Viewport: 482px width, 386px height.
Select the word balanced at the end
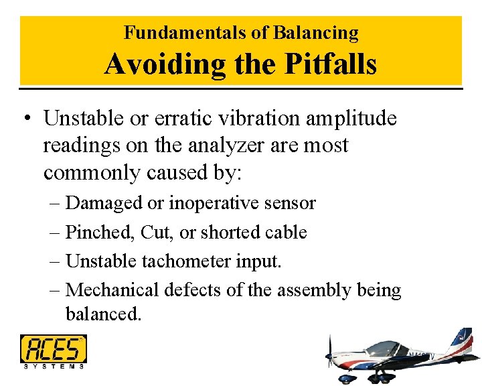pos(103,313)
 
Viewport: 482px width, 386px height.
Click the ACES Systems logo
pos(53,350)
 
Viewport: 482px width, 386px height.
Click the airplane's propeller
pos(329,356)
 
